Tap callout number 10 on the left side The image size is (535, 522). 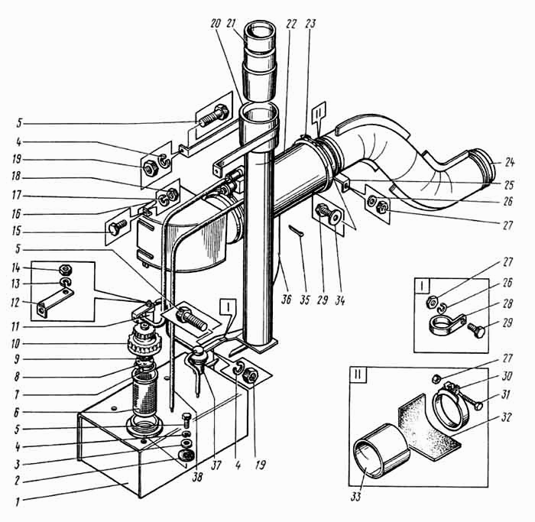[16, 344]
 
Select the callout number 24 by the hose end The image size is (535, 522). [509, 162]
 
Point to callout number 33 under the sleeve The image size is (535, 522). [355, 497]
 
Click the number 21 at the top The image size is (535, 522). [232, 24]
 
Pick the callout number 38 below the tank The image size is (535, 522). [197, 477]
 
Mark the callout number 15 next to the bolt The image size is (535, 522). [16, 231]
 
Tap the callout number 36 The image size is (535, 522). [286, 299]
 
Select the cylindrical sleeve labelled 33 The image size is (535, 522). [381, 450]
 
